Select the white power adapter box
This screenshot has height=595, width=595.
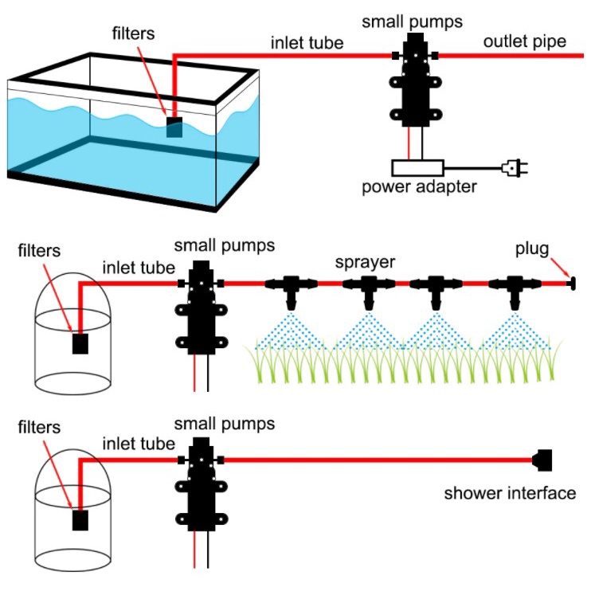pyautogui.click(x=417, y=168)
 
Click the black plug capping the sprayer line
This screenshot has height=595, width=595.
pyautogui.click(x=570, y=282)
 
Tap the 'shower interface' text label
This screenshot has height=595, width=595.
pyautogui.click(x=509, y=493)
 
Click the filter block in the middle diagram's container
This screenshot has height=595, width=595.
pyautogui.click(x=80, y=343)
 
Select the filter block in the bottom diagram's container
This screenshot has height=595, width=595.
pyautogui.click(x=80, y=520)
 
